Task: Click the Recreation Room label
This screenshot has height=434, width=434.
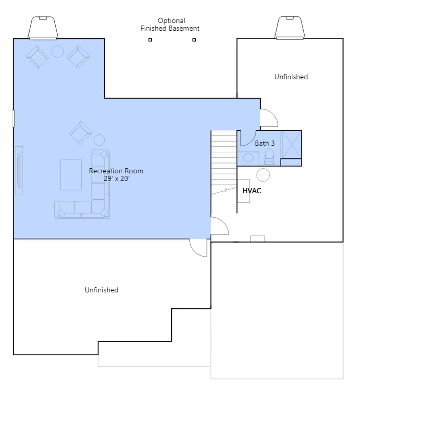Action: [116, 171]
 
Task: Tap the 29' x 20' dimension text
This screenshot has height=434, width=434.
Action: [117, 178]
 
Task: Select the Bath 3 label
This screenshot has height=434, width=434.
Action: [265, 143]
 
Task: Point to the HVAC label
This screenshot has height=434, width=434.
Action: [252, 191]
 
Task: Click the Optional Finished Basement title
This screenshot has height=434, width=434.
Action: [170, 24]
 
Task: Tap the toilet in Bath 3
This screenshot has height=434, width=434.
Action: [269, 157]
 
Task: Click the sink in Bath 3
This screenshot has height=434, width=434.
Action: [248, 158]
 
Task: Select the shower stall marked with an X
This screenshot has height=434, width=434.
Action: [291, 145]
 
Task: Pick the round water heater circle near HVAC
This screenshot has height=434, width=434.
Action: [263, 175]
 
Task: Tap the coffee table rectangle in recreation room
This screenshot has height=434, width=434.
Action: [71, 175]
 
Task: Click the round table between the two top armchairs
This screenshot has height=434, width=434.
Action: [58, 51]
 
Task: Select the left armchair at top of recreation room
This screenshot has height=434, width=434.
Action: [37, 57]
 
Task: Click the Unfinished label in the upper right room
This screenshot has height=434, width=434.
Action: [291, 77]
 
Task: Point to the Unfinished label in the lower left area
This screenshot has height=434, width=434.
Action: [101, 290]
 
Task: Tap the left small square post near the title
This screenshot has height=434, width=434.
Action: [150, 40]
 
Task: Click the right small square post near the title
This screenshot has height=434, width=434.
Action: [194, 40]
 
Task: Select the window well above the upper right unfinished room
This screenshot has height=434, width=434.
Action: [290, 28]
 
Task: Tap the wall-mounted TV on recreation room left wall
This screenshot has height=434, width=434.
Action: [19, 171]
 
